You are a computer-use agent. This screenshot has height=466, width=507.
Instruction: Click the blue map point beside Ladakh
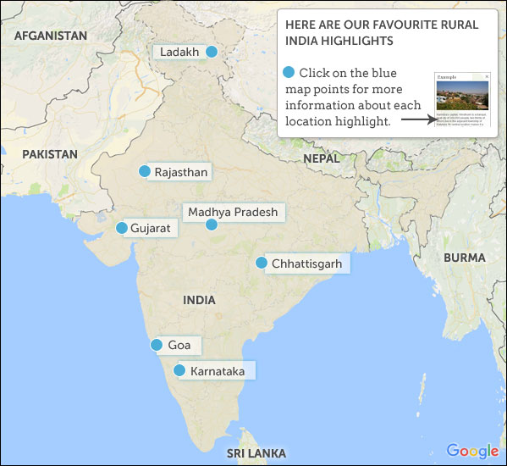212,53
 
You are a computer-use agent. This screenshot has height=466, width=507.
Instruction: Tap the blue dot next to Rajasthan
144,171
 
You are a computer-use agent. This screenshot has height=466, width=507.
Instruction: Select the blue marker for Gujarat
122,228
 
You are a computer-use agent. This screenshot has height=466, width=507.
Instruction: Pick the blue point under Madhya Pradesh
212,225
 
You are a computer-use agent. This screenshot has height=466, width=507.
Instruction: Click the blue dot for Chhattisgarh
262,264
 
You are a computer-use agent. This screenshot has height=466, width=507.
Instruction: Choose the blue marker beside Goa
157,345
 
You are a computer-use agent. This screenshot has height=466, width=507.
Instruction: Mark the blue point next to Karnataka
179,370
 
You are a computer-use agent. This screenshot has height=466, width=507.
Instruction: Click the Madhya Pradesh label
233,212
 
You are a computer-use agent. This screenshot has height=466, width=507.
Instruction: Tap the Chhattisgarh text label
306,264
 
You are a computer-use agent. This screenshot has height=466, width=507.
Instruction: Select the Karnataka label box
218,371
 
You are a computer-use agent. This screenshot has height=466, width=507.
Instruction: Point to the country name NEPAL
321,158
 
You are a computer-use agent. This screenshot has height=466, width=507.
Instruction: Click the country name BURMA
464,258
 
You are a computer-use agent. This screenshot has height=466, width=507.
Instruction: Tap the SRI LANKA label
256,453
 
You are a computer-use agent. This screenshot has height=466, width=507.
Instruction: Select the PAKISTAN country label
50,154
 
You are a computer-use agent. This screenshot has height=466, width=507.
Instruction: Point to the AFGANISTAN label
51,36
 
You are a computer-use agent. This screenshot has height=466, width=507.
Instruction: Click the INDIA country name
199,300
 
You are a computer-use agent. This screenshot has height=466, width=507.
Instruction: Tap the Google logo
472,451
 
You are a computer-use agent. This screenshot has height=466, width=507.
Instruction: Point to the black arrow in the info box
416,119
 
